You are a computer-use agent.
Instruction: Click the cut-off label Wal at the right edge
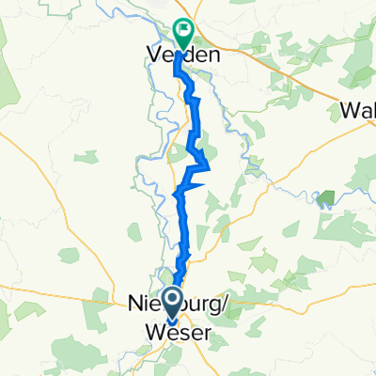click(358, 111)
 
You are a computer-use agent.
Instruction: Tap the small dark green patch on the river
click(326, 198)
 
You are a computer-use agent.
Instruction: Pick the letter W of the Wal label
click(349, 111)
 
